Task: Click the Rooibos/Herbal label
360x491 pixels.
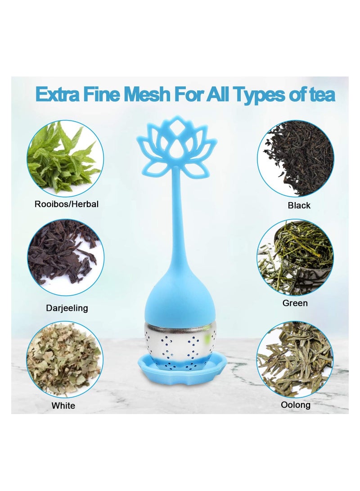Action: [x=67, y=204]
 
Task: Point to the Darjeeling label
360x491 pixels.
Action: [x=67, y=308]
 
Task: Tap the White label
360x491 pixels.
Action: [x=63, y=405]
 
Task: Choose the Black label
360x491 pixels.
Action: [x=299, y=205]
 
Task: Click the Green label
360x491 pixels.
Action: [x=295, y=303]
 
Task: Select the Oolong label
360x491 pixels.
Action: [x=296, y=405]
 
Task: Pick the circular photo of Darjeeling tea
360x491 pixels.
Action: [x=66, y=258]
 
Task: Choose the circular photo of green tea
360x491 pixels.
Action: [x=295, y=257]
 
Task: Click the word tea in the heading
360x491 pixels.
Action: [x=320, y=95]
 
